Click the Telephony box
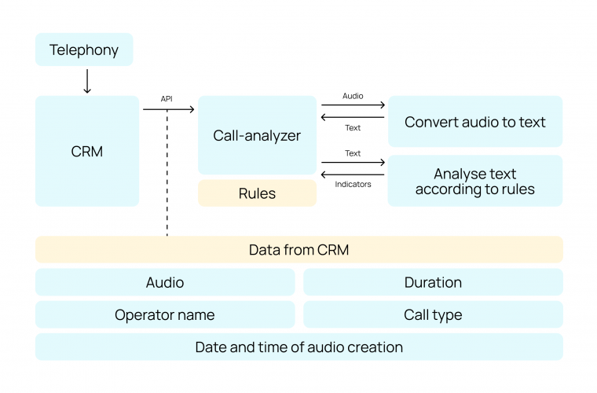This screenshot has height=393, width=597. pos(84,50)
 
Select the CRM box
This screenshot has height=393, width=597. pos(87,151)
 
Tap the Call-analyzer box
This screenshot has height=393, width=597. pos(257,135)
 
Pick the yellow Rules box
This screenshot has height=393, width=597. pos(257,193)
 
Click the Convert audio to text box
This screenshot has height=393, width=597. pos(474,122)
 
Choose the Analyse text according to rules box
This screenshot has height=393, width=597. pos(474,181)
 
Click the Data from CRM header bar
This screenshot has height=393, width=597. pos(298,250)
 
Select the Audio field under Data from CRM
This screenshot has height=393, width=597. pos(165,282)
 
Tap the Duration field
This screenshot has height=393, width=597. pos(433,282)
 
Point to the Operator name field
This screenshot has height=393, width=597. pos(165,314)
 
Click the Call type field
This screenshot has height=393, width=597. pos(433,314)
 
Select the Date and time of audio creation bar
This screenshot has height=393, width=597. pos(298,347)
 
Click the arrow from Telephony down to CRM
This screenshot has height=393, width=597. pos(87,81)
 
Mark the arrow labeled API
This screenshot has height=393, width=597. pos(168,110)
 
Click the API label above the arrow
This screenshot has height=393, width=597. pos(167,99)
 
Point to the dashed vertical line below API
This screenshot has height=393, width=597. pos(167,173)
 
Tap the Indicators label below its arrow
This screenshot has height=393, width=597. pos(353,185)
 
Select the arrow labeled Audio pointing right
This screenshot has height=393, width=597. pos(353,105)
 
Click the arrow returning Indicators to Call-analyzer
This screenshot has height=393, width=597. pos(353,174)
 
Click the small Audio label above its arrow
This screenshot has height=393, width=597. pos(353,95)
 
